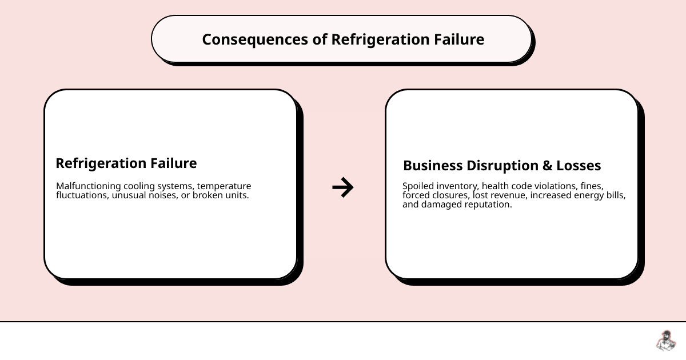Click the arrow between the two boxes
[x=343, y=187]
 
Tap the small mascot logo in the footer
[x=665, y=341]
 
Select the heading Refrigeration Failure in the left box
[x=126, y=163]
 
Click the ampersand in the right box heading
[x=547, y=166]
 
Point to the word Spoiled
[x=418, y=186]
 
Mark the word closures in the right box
[x=451, y=195]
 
